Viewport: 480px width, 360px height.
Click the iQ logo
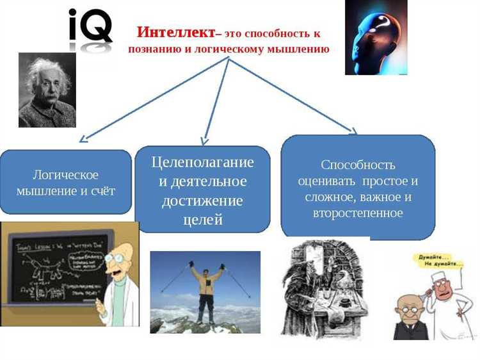(x=91, y=26)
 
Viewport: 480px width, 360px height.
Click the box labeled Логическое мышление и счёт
(x=65, y=182)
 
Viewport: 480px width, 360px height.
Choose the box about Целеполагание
(x=202, y=190)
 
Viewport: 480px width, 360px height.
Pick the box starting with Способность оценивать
(x=358, y=188)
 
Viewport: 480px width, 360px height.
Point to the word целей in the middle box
(x=202, y=220)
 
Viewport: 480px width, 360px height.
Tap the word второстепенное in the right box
(x=358, y=213)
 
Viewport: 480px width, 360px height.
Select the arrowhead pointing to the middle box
(x=204, y=141)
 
